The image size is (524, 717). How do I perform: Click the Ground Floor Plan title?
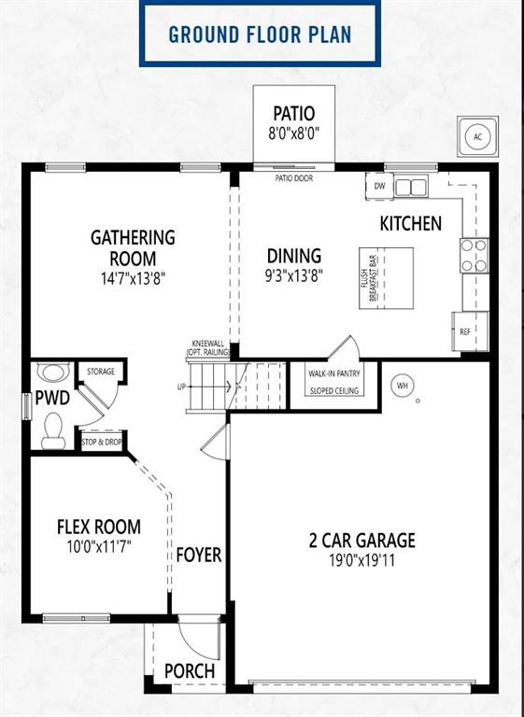(260, 35)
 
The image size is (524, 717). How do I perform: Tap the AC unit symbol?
(477, 136)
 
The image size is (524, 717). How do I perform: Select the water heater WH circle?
(402, 386)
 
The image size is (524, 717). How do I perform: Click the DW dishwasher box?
(379, 186)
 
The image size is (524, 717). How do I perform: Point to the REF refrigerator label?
(464, 332)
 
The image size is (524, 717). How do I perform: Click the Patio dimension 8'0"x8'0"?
(293, 134)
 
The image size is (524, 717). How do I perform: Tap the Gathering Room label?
(133, 247)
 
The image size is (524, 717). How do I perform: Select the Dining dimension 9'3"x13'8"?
(294, 275)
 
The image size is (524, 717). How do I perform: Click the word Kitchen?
(410, 224)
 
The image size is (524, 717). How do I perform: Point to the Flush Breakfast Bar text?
(369, 278)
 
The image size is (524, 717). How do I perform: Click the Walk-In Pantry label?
(334, 373)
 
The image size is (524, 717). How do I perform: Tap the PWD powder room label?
(52, 398)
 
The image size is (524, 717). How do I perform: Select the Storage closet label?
(101, 372)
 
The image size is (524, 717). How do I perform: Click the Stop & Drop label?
(102, 443)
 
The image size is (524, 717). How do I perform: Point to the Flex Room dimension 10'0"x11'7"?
(99, 546)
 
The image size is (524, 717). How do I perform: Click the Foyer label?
(199, 555)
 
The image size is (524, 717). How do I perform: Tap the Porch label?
(190, 671)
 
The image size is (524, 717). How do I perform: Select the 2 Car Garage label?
(362, 541)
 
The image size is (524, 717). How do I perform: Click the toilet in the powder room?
(53, 430)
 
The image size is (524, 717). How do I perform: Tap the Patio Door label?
(294, 178)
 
